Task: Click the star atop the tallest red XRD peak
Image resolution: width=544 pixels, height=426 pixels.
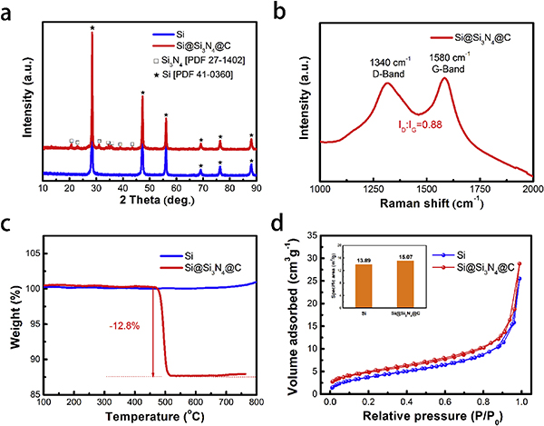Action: [x=92, y=27]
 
